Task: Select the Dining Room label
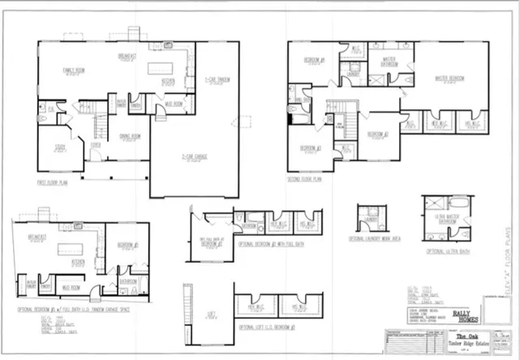(131, 135)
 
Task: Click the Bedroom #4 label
(314, 61)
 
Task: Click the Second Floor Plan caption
(305, 180)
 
